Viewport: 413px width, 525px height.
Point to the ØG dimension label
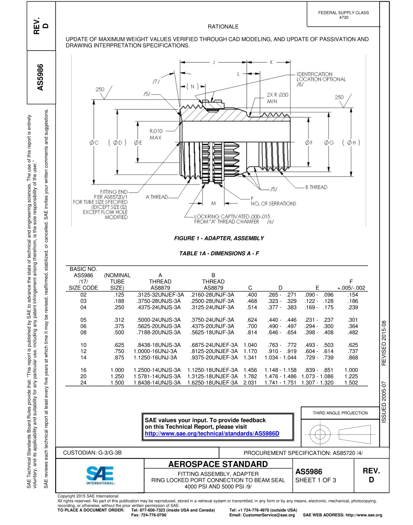point(329,142)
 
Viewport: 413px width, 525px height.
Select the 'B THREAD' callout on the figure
point(316,187)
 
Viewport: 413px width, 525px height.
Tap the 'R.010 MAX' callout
point(156,134)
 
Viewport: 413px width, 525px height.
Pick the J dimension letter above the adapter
point(213,62)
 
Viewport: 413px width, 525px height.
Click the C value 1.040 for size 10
point(250,345)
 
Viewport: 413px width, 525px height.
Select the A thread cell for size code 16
point(157,370)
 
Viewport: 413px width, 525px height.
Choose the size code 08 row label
point(83,332)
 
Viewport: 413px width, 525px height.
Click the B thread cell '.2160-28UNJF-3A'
point(212,295)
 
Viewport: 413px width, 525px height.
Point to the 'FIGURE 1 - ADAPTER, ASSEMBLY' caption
point(219,238)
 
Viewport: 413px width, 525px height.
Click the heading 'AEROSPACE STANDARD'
point(218,464)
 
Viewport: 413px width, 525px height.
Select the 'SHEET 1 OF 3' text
point(316,480)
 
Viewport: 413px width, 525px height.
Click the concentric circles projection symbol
point(320,434)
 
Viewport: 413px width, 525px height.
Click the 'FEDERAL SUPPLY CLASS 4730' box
point(343,15)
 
